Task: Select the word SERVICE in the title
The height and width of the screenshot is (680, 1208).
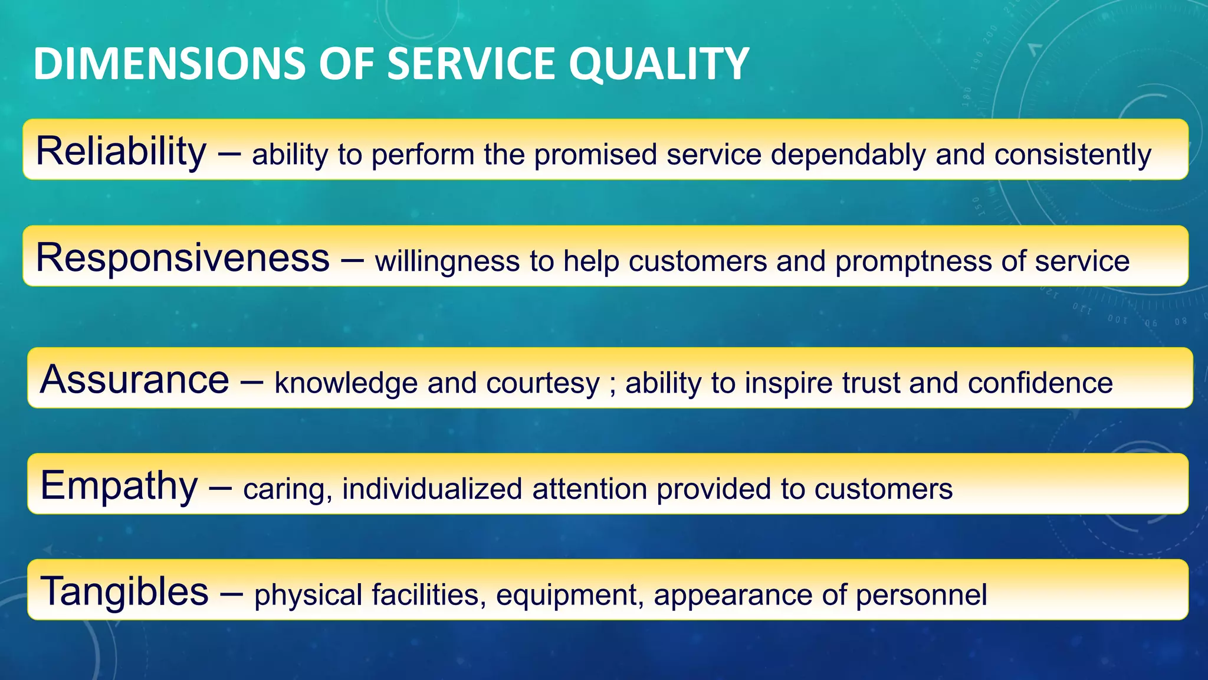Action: click(471, 64)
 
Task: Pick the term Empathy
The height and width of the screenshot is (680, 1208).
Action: click(119, 486)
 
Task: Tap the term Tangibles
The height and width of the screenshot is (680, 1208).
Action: click(124, 591)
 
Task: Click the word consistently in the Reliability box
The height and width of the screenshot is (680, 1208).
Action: click(1072, 155)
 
